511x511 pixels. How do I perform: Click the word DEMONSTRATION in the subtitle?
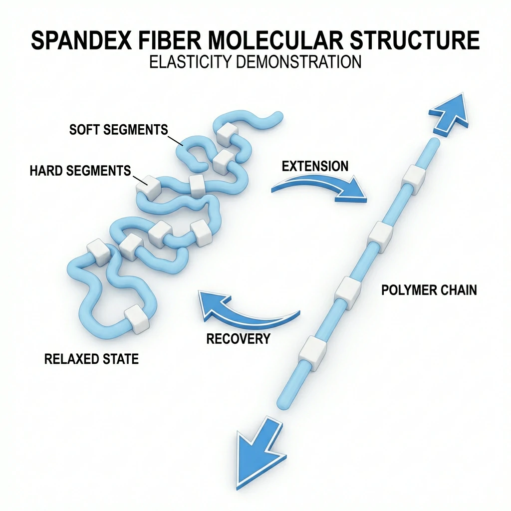tap(298, 62)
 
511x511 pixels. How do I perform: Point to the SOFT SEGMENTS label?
tap(118, 130)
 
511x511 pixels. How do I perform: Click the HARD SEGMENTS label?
tap(80, 171)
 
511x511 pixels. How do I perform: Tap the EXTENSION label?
tap(315, 166)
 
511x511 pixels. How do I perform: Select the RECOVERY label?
tap(238, 339)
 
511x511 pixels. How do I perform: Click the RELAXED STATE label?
tap(91, 359)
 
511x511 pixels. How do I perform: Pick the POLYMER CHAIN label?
tap(429, 290)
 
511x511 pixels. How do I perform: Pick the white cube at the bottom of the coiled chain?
tap(136, 318)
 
